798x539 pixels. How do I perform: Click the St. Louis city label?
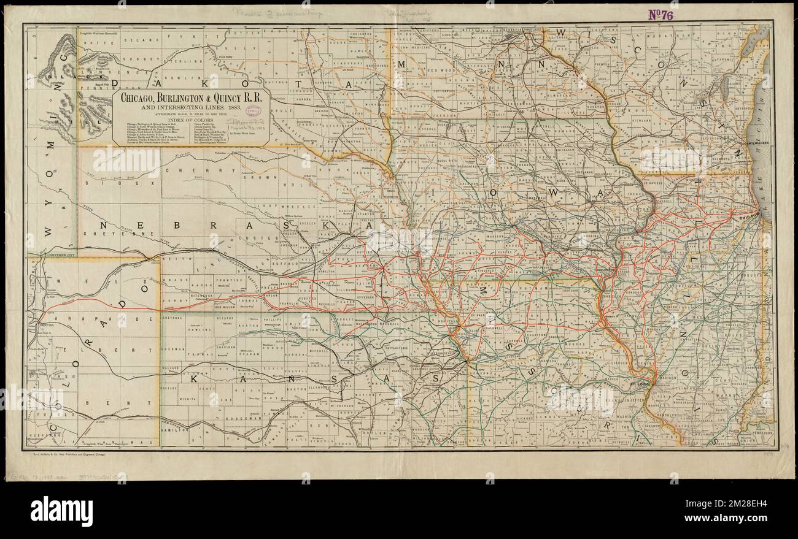pyautogui.click(x=639, y=384)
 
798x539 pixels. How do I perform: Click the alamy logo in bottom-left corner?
pyautogui.click(x=61, y=511)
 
